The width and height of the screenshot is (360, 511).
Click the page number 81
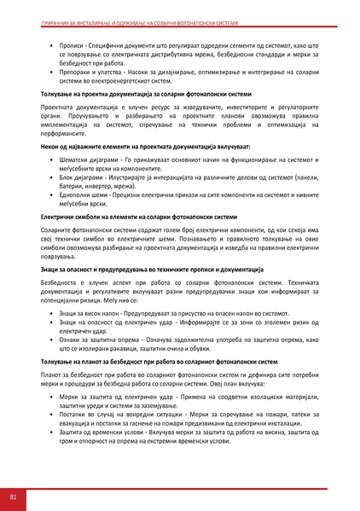[14, 496]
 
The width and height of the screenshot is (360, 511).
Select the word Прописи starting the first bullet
[73, 41]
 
